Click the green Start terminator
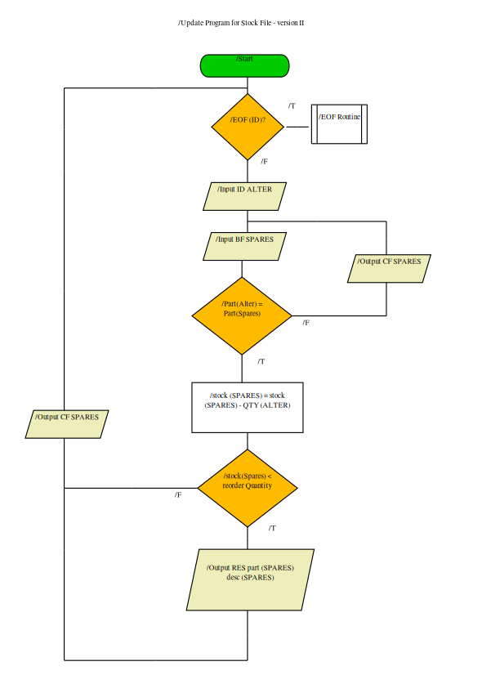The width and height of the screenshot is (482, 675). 244,66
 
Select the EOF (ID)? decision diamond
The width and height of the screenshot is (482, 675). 248,127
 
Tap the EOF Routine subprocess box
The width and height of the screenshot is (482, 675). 339,124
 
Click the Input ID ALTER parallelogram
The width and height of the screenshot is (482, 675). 244,196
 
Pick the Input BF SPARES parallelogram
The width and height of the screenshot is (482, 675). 244,246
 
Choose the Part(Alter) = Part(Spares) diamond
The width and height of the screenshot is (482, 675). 242,315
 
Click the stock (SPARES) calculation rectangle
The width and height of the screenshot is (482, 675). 248,407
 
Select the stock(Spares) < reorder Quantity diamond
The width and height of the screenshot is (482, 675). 248,488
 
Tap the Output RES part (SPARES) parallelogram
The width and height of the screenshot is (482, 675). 250,580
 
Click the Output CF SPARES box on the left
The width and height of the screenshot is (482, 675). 67,424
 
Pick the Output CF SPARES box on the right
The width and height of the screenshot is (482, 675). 389,269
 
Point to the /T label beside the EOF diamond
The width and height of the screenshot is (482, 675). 292,106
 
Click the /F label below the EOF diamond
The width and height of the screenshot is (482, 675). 264,162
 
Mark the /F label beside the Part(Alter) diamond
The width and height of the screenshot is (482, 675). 306,323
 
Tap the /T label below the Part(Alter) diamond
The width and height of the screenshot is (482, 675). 261,361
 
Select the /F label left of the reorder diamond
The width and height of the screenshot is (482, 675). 178,495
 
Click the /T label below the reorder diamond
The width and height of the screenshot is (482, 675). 272,528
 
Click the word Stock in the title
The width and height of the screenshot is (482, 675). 250,23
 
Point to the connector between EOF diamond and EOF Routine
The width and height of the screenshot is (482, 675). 297,127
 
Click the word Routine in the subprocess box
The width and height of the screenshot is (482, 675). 349,117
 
